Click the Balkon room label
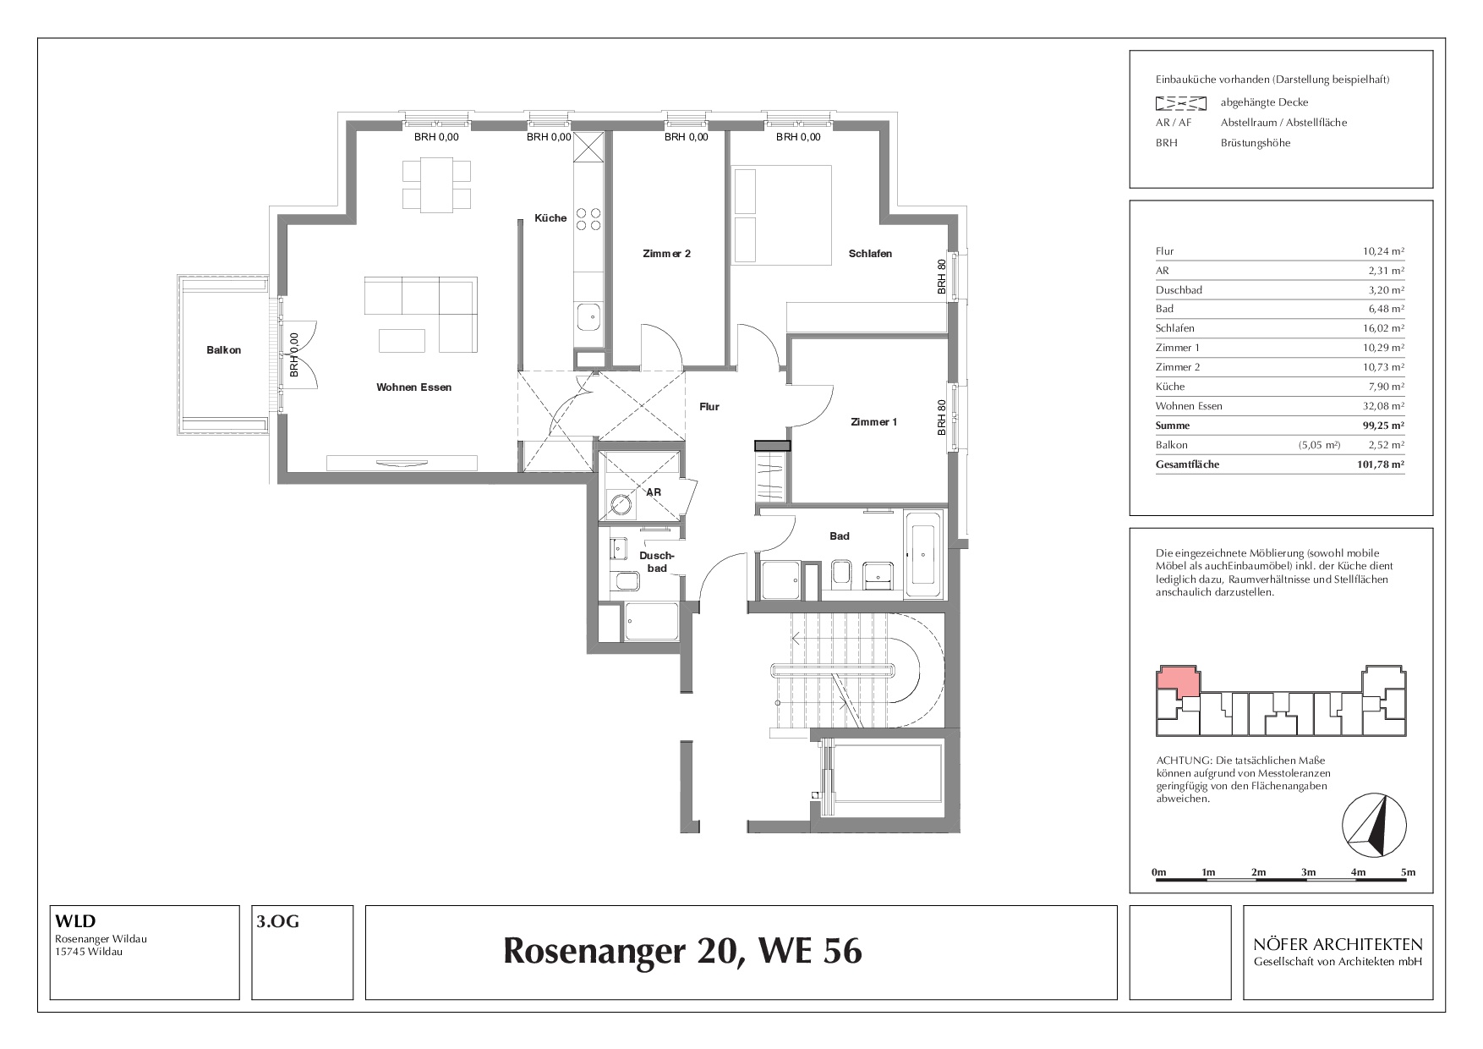[x=223, y=349]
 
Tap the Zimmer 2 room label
[x=666, y=253]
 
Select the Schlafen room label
[x=871, y=253]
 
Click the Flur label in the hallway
[x=709, y=407]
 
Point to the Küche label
[x=550, y=217]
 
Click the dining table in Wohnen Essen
[x=437, y=185]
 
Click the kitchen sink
[x=588, y=319]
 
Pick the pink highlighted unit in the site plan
[x=1179, y=681]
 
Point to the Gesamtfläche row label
[x=1187, y=464]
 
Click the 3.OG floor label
[x=278, y=922]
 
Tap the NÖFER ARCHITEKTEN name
[x=1338, y=945]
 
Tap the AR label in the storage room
[x=654, y=492]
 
